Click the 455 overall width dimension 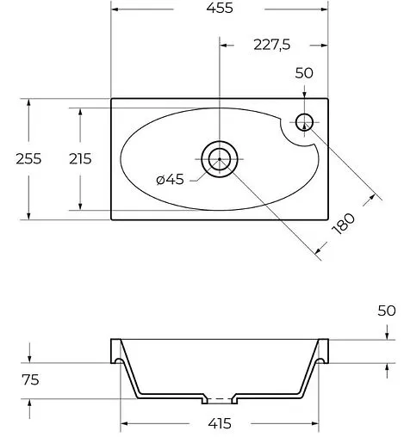219,9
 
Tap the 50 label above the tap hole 304,73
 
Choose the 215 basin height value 65,158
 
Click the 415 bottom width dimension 221,424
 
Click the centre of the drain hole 220,158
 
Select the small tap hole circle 306,121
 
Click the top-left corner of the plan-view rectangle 112,98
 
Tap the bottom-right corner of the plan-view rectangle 329,219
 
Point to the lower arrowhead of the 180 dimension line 320,251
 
